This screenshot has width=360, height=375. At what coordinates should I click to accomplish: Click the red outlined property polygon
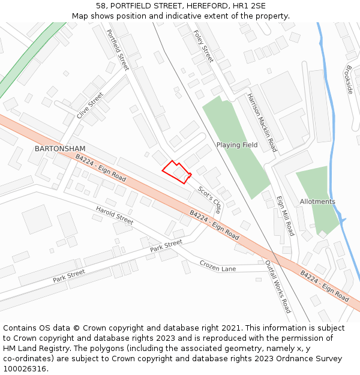click(176, 172)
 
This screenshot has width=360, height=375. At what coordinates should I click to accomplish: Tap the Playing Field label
click(237, 145)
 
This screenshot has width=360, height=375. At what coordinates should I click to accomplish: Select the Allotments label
click(317, 202)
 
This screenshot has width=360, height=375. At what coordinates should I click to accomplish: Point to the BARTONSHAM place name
click(60, 148)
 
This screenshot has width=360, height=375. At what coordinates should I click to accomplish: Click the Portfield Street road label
click(118, 49)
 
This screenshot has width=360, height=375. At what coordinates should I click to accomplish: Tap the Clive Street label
click(90, 104)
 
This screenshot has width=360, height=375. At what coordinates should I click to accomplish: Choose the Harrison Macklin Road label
click(262, 122)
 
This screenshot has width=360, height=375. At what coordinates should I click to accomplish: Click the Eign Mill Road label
click(285, 215)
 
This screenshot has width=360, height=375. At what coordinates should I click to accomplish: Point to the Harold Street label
click(114, 215)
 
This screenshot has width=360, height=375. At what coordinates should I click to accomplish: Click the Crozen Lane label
click(218, 265)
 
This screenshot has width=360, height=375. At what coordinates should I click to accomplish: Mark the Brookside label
click(349, 79)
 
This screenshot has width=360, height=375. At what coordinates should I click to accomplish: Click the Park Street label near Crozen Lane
click(166, 245)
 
